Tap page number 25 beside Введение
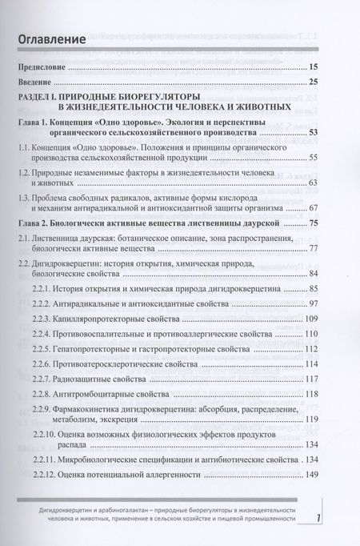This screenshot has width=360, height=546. click(x=313, y=82)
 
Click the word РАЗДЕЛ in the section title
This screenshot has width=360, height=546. click(x=41, y=98)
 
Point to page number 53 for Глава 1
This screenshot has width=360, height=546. click(x=313, y=132)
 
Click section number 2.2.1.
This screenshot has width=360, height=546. click(x=58, y=287)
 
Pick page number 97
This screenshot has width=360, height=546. click(x=313, y=303)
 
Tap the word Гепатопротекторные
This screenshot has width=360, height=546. click(x=112, y=351)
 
